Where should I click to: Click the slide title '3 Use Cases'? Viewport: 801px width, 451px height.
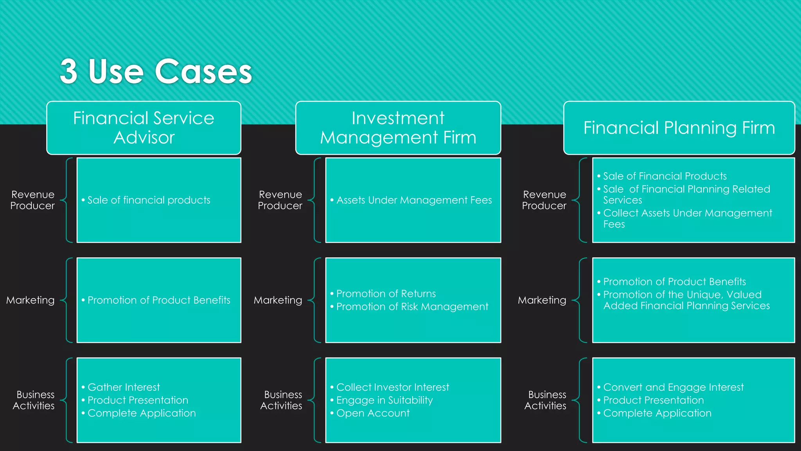point(156,71)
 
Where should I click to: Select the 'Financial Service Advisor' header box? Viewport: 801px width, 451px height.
point(144,128)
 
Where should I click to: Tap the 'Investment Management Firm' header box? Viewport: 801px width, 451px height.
point(398,128)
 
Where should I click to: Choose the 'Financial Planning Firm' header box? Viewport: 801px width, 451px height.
point(679,128)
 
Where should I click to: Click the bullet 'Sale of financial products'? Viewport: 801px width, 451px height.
point(149,200)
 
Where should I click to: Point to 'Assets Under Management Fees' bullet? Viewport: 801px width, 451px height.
point(414,200)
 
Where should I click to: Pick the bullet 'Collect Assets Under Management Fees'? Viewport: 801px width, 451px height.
point(687,218)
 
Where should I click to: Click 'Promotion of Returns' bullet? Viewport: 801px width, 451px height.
point(386,294)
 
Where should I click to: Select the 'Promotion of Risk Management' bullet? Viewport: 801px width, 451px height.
point(412,307)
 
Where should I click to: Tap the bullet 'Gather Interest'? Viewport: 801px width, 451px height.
point(124,387)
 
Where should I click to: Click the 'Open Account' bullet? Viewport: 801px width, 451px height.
point(373,413)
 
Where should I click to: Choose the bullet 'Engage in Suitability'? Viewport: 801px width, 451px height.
point(384,400)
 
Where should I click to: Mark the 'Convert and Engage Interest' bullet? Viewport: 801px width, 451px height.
point(673,387)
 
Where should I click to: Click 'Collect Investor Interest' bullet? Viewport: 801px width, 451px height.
point(392,387)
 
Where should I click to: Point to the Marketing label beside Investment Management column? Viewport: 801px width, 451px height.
point(278,300)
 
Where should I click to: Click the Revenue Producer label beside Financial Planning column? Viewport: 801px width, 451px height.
point(544,200)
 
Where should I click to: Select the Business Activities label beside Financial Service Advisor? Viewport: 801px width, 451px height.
point(34,400)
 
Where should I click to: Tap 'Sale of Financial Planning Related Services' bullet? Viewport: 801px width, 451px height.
point(686,194)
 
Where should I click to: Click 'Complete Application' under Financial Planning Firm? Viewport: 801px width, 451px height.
point(657,413)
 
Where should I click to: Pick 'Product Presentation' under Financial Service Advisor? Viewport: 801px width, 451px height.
point(138,400)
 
